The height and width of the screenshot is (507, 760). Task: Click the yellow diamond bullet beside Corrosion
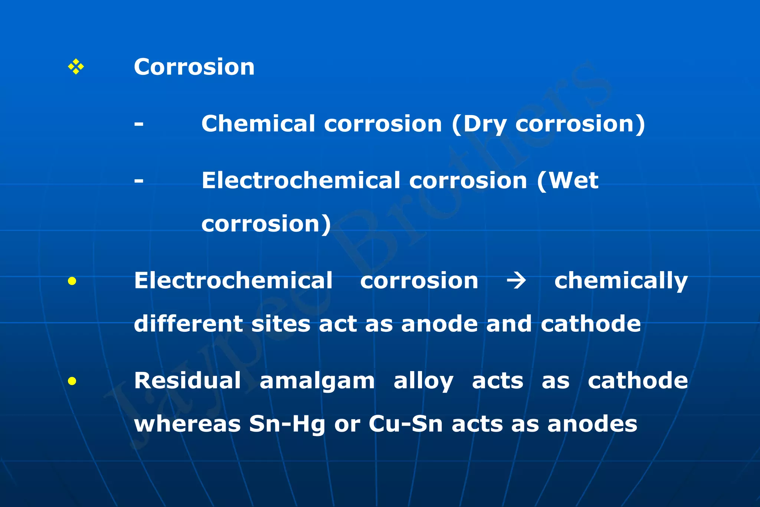[76, 67]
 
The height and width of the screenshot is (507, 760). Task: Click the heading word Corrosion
[194, 67]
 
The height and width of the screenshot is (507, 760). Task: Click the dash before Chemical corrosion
[139, 124]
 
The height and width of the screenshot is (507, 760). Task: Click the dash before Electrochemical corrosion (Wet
[139, 181]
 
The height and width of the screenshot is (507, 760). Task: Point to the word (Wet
[568, 181]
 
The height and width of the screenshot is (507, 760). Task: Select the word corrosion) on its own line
[266, 224]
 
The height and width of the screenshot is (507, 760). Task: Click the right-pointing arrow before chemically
[516, 281]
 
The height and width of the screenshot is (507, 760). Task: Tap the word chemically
[621, 281]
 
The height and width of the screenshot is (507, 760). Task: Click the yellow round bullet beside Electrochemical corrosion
[72, 281]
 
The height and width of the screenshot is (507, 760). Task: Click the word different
[188, 324]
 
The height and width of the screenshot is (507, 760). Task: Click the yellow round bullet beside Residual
[72, 381]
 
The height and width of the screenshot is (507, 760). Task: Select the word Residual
[187, 381]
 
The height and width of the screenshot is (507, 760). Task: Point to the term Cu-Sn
[406, 424]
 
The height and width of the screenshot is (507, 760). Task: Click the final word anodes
[592, 424]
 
